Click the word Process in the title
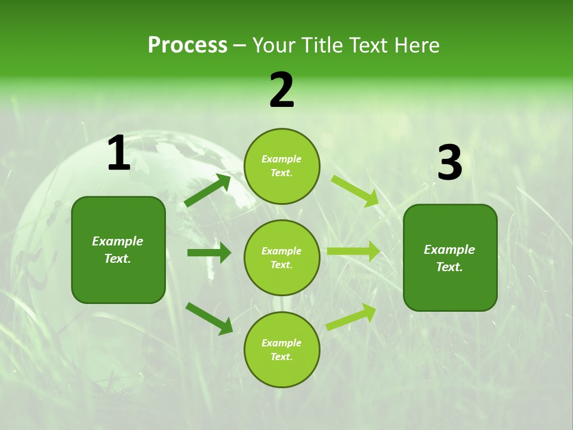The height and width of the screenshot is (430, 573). click(187, 45)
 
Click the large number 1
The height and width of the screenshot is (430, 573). click(119, 154)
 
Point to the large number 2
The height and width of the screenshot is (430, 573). click(282, 90)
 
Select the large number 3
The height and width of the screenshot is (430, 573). click(449, 162)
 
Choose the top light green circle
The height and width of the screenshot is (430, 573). click(282, 166)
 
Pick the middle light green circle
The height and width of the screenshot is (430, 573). click(282, 257)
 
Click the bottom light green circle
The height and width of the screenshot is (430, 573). click(282, 349)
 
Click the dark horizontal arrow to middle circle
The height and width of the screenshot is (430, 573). click(209, 253)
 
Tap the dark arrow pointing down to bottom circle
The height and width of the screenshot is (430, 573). click(209, 318)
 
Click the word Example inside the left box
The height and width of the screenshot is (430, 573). click(118, 241)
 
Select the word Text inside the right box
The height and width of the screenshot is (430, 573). click(449, 267)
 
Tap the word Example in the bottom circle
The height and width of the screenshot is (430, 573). click(282, 343)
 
